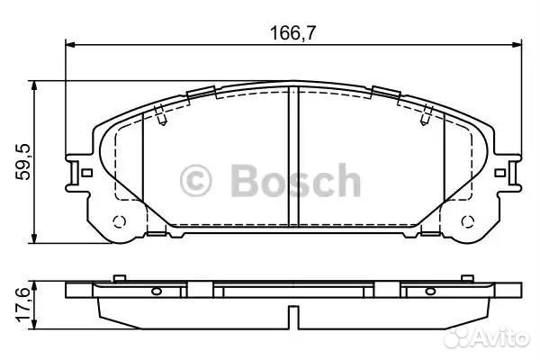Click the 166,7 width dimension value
[292, 33]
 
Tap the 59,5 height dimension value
[23, 162]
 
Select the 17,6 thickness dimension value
[23, 305]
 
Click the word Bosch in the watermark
[296, 181]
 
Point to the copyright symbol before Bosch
[195, 181]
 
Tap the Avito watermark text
[487, 337]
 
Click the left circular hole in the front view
[119, 221]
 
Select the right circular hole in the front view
[468, 221]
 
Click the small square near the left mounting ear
[87, 173]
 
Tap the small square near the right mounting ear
[500, 173]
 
